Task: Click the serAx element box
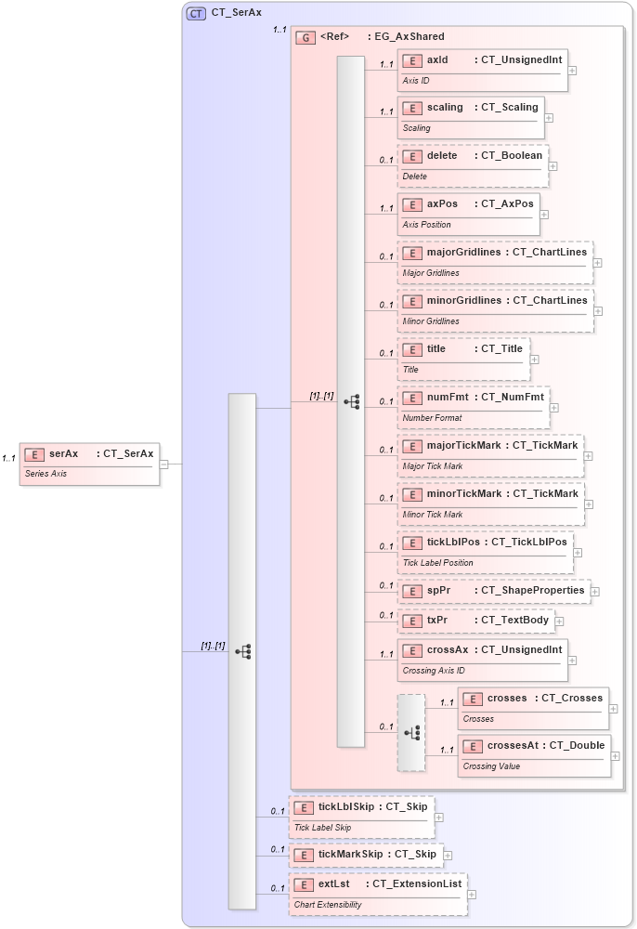(x=89, y=463)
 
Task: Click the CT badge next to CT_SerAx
(x=196, y=13)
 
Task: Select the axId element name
(x=437, y=59)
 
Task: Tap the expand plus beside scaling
(x=549, y=118)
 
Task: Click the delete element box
(x=473, y=165)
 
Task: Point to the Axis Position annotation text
(x=427, y=225)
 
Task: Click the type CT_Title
(x=501, y=349)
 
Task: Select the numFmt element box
(x=474, y=407)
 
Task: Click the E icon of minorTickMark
(x=412, y=494)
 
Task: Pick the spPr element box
(x=493, y=590)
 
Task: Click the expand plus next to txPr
(x=559, y=622)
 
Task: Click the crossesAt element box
(x=534, y=754)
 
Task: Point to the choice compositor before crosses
(x=411, y=732)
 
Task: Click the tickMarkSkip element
(x=365, y=854)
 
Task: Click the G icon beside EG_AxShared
(x=305, y=37)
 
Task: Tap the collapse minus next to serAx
(x=163, y=464)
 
